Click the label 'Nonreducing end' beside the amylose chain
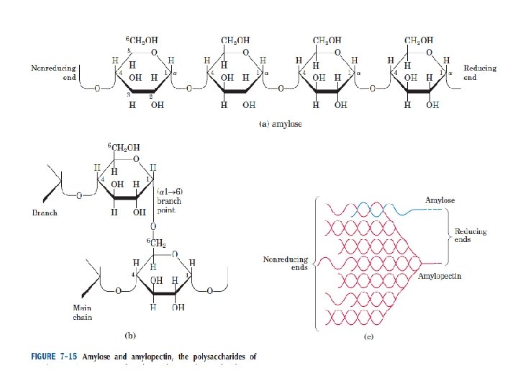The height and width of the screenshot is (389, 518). pyautogui.click(x=53, y=73)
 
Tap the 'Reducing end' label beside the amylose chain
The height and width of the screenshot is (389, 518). pyautogui.click(x=479, y=73)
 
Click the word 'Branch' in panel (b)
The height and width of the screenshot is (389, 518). pyautogui.click(x=46, y=213)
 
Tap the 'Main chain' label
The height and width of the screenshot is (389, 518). pyautogui.click(x=82, y=312)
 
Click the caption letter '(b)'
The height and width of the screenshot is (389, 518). pyautogui.click(x=130, y=334)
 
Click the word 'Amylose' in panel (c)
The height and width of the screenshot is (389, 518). pyautogui.click(x=440, y=200)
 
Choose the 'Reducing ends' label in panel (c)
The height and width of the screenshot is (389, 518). pyautogui.click(x=471, y=236)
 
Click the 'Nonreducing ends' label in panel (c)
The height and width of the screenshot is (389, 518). pyautogui.click(x=286, y=263)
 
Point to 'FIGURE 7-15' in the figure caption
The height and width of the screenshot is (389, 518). pyautogui.click(x=54, y=356)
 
